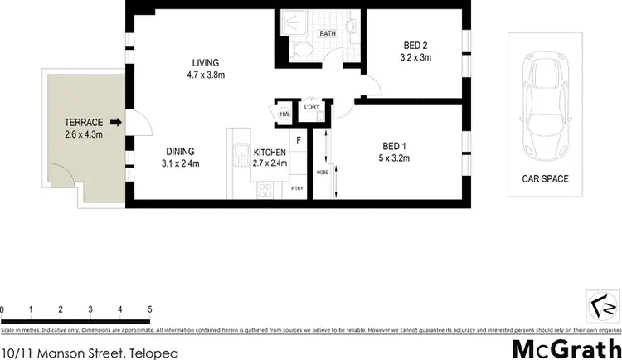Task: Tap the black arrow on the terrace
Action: pos(116,123)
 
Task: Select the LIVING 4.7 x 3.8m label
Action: pos(205,69)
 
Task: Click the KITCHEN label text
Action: pos(270,153)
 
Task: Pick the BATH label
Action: pos(328,34)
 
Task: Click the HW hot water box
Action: pos(284,114)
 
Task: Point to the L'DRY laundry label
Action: pos(312,107)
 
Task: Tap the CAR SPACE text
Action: pos(545,178)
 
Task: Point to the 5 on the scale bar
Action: pos(150,309)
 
